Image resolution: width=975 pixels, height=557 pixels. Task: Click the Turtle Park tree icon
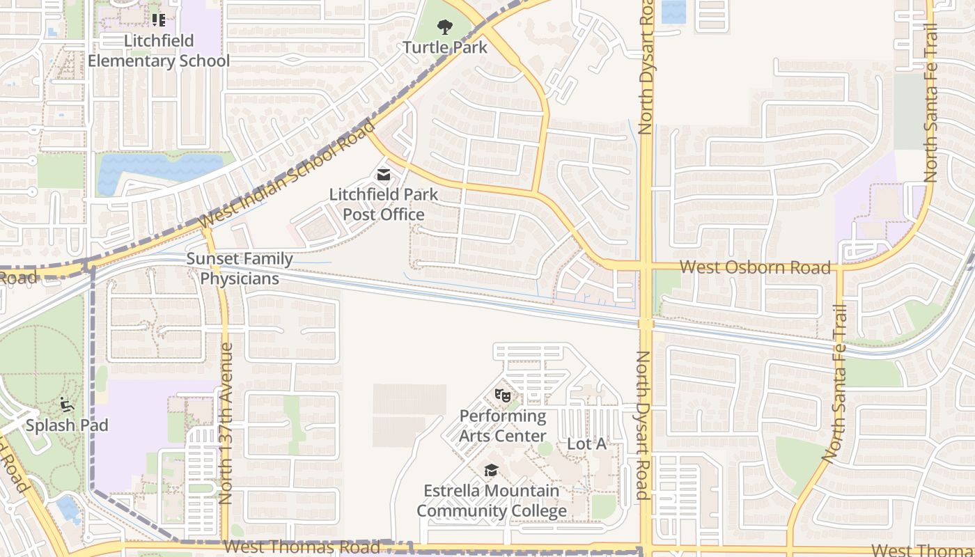coord(444,28)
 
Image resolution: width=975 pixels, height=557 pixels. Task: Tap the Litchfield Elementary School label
coord(159,51)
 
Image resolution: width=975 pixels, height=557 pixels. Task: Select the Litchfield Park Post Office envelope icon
coord(384,174)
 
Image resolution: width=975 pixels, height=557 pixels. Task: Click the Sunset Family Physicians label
coord(240,269)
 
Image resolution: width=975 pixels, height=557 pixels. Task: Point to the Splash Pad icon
coord(67,405)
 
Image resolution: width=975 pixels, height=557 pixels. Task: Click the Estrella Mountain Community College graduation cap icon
coord(491,471)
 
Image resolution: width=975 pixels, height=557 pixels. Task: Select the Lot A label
coord(586,444)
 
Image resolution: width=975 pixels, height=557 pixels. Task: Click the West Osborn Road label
coord(755,267)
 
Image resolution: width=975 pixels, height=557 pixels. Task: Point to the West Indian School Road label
coord(287,173)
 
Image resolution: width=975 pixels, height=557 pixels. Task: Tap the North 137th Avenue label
coord(226,423)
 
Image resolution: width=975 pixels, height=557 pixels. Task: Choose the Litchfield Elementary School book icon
coord(159,19)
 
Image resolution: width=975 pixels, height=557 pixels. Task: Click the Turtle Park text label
coord(446,47)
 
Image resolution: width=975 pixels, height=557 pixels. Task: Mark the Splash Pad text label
coord(67,425)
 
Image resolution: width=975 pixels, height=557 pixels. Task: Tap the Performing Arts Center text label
coord(503,426)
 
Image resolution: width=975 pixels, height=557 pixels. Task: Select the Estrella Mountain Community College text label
coord(492,501)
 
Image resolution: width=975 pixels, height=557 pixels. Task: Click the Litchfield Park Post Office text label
coord(384,204)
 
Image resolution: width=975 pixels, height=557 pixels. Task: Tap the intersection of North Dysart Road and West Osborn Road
coord(646,267)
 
